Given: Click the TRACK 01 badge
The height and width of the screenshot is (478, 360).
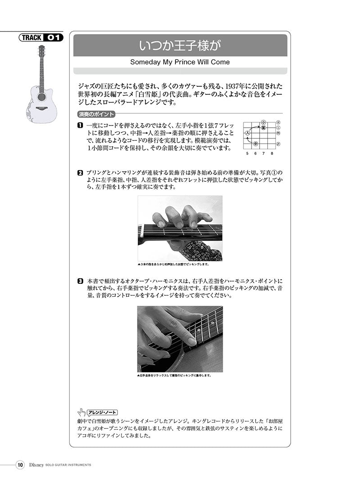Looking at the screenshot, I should pos(41,38).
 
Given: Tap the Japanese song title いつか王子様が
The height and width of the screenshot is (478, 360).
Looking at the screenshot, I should pos(180,45).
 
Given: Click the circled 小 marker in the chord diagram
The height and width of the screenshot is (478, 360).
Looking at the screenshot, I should pos(263,122).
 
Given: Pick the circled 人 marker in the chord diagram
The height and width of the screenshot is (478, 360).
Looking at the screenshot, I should pos(247,133).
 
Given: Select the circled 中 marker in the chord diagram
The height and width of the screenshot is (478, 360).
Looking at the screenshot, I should pos(255,144).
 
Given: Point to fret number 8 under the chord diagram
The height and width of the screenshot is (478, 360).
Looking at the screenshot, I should pos(272,153).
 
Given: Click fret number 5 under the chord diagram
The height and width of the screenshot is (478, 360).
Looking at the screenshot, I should pos(247,153).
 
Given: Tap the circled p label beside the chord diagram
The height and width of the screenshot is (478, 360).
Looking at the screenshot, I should pos(279,144).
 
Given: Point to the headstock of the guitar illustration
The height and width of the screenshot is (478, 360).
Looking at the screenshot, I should pos(42,50).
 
